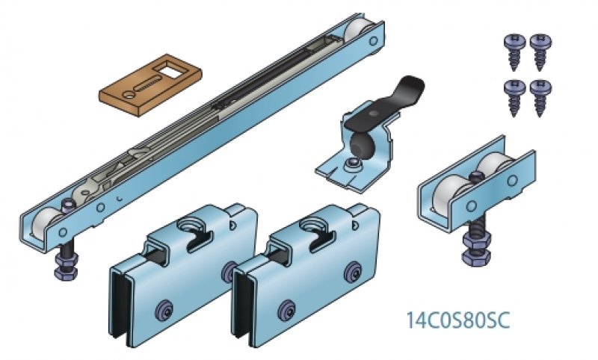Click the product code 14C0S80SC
(x=457, y=320)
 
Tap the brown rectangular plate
(x=150, y=84)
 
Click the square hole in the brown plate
(x=171, y=70)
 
